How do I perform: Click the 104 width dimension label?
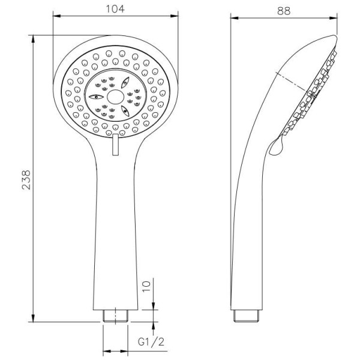click(115, 9)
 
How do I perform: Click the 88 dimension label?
click(284, 11)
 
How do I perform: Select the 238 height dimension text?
click(26, 180)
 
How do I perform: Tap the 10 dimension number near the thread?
click(146, 286)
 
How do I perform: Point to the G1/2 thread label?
click(151, 342)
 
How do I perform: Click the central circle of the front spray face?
click(115, 97)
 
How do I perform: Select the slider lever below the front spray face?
click(115, 145)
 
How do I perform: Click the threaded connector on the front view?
click(115, 316)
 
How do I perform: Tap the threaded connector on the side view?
click(247, 316)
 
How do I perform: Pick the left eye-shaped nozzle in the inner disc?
click(96, 97)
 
